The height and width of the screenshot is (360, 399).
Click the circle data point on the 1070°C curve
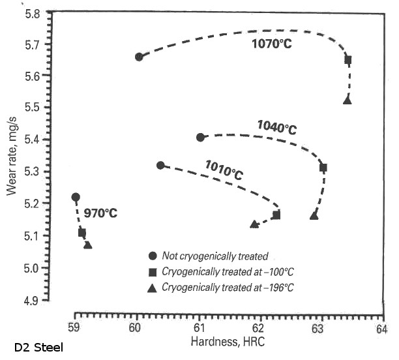(x=139, y=57)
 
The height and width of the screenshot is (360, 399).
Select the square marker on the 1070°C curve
(x=348, y=60)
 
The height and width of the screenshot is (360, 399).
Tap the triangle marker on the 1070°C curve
(x=347, y=100)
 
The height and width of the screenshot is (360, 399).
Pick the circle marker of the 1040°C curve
(x=200, y=137)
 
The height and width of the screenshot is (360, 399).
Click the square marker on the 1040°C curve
(x=323, y=168)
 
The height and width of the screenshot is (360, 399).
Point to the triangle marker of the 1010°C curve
(x=254, y=224)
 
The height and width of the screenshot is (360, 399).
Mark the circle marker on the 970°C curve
(x=76, y=197)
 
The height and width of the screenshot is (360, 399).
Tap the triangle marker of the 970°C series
(x=87, y=245)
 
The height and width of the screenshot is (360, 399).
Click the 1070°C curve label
(x=273, y=44)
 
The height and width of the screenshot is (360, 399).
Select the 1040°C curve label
(x=276, y=127)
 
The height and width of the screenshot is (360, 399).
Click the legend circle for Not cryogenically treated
(x=153, y=256)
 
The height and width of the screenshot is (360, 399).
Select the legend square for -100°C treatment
(x=153, y=271)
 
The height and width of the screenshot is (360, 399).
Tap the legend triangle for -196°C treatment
(x=153, y=286)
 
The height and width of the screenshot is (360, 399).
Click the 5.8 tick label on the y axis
(x=32, y=12)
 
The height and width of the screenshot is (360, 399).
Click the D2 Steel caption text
(x=38, y=348)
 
